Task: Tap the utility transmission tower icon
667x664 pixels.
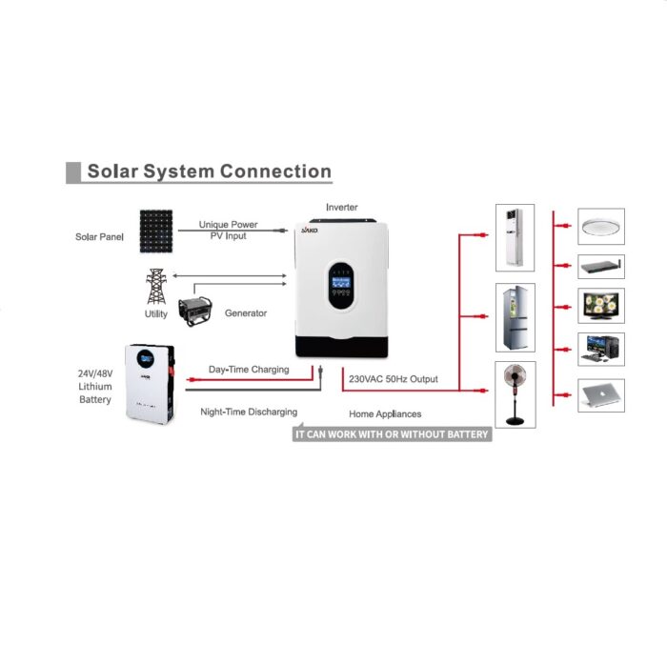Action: click(154, 287)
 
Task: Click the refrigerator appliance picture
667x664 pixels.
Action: click(515, 317)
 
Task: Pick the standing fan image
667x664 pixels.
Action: click(515, 392)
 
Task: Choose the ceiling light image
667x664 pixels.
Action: click(601, 227)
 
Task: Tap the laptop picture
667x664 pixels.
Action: click(601, 394)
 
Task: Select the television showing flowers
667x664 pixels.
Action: click(601, 307)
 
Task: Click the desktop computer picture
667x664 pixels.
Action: click(601, 350)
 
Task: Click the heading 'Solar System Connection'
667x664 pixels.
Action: click(209, 172)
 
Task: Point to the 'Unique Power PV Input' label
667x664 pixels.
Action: click(229, 230)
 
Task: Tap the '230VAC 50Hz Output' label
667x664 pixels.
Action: click(394, 379)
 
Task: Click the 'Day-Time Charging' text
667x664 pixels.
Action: click(249, 370)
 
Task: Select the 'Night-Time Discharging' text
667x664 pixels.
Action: click(249, 412)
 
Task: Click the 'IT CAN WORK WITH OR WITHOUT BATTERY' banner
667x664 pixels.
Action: click(391, 434)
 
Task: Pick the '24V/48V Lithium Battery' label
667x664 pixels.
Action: click(95, 386)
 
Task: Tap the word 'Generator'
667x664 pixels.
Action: click(246, 312)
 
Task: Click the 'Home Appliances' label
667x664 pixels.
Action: click(385, 414)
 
